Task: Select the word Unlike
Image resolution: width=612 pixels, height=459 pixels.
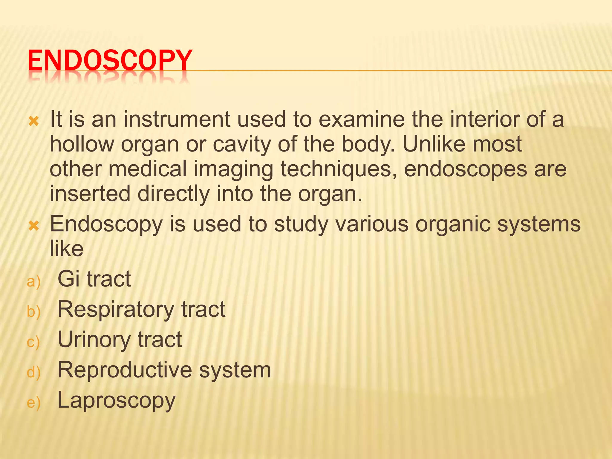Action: (x=434, y=144)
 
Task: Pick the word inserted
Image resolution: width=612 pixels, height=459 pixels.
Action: (x=90, y=194)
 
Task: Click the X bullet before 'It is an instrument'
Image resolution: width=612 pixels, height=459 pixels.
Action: (x=34, y=121)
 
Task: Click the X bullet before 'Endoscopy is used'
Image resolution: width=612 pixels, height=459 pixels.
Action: (x=34, y=226)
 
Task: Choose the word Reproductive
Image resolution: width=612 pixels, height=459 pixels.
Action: (x=125, y=370)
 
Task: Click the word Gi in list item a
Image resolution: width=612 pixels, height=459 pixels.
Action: (x=68, y=279)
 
